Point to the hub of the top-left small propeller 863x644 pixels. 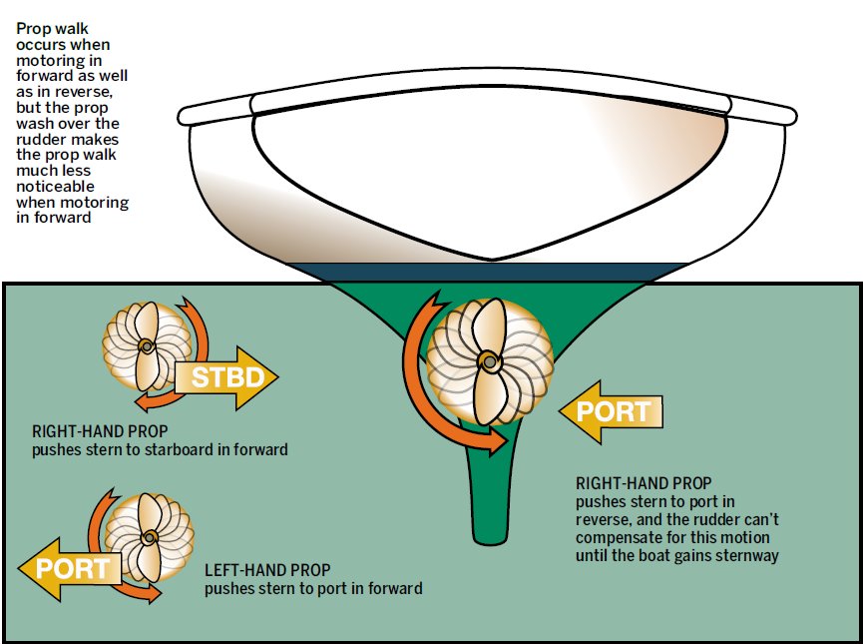pyautogui.click(x=146, y=346)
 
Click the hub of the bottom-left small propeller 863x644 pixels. pyautogui.click(x=148, y=537)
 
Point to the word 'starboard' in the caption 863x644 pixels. pyautogui.click(x=189, y=450)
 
